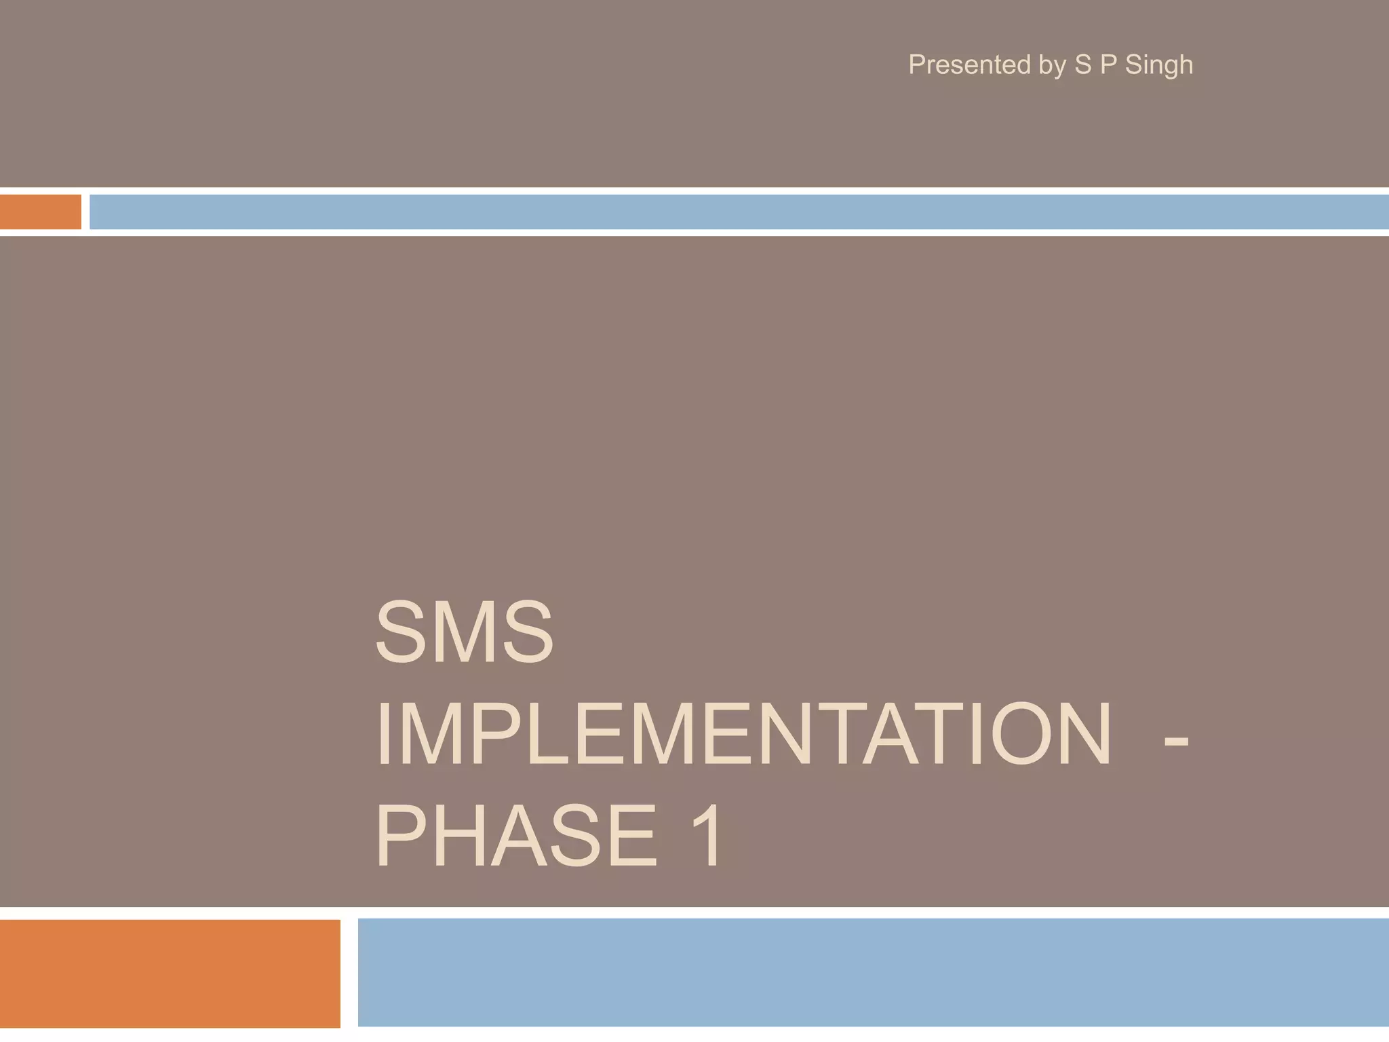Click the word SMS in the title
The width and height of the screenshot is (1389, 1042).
coord(465,633)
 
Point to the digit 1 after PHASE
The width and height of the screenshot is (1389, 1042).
coord(705,835)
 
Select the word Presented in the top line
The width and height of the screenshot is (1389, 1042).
coord(969,65)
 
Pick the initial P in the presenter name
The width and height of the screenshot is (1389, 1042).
coord(1108,65)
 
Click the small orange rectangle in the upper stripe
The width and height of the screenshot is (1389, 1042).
coord(40,212)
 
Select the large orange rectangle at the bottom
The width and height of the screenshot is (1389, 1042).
coord(170,973)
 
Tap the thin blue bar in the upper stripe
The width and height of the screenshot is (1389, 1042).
coord(739,212)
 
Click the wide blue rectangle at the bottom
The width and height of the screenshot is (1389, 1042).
coord(873,973)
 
